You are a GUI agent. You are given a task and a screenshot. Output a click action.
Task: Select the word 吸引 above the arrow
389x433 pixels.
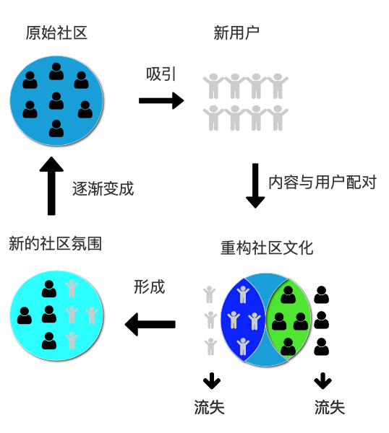click(x=161, y=74)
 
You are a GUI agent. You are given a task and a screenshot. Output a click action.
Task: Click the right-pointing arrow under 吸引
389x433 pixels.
click(x=161, y=100)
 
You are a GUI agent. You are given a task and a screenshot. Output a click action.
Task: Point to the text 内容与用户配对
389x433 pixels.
click(x=322, y=182)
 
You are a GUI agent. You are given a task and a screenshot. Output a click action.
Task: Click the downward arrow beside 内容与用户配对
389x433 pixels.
click(x=255, y=185)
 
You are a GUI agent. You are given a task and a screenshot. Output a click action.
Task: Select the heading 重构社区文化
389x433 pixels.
click(x=267, y=248)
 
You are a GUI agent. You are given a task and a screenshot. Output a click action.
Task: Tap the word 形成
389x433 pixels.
click(x=150, y=287)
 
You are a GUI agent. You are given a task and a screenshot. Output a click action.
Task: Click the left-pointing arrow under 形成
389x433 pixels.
click(x=150, y=324)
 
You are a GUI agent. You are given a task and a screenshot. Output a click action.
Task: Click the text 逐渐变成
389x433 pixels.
click(x=103, y=189)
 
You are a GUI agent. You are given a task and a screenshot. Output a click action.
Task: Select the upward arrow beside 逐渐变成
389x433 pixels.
click(x=51, y=186)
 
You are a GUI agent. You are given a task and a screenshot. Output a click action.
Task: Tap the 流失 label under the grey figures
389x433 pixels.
click(x=210, y=408)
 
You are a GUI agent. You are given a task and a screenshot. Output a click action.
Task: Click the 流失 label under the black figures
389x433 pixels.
click(x=330, y=408)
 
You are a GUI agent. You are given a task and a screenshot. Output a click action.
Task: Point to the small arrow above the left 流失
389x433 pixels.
click(x=211, y=380)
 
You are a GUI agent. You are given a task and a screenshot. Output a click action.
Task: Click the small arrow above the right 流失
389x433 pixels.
click(x=322, y=380)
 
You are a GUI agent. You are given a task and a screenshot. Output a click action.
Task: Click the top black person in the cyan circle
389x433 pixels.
click(x=49, y=289)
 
